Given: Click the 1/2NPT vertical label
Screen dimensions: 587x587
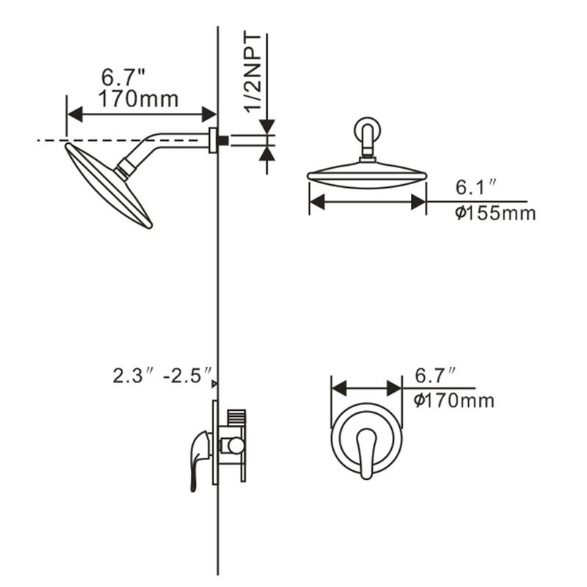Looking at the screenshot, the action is pos(253,73).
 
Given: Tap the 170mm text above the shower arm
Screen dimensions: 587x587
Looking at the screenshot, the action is pos(138,99).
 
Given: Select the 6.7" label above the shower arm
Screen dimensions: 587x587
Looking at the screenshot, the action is pos(123,77).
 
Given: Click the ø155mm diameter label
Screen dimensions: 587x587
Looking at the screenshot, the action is pos(495,214).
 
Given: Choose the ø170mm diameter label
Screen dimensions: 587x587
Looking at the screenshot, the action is pos(453,401).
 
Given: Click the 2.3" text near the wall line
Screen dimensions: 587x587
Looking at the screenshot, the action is pos(134,376).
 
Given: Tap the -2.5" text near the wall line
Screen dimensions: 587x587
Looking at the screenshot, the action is pos(188,376).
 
